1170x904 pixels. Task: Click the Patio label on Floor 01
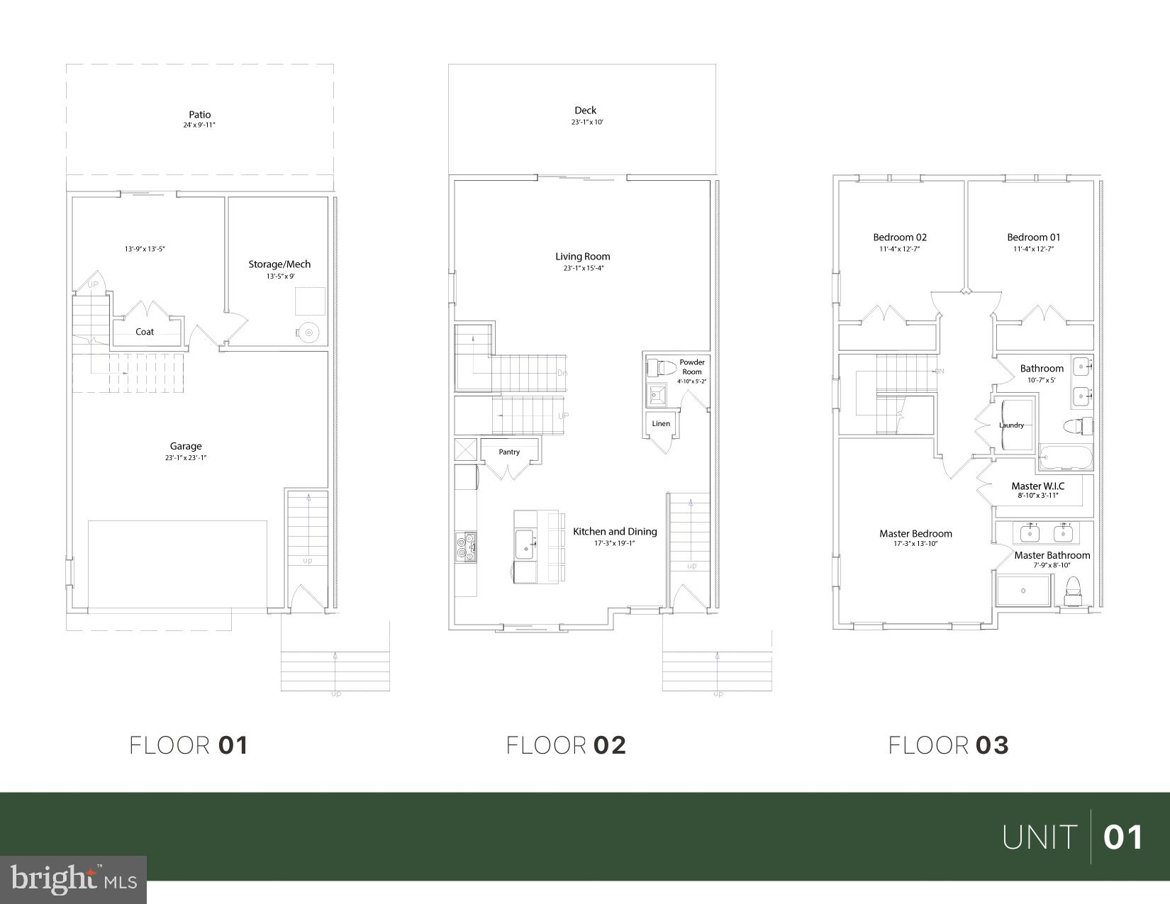(x=199, y=114)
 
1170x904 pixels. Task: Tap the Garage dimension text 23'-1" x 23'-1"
(x=186, y=458)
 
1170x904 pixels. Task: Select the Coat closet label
(x=145, y=332)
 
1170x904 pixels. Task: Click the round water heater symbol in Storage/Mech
(x=308, y=332)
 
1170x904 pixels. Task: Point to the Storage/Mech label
(x=279, y=264)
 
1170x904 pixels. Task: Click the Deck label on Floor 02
(x=586, y=110)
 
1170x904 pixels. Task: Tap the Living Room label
(x=583, y=257)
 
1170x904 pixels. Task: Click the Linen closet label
(x=661, y=424)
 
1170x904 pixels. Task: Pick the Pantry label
(x=509, y=452)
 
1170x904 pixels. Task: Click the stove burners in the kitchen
(x=466, y=547)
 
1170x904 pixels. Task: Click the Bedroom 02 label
(x=900, y=238)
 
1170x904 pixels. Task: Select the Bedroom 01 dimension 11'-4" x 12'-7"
(x=1034, y=250)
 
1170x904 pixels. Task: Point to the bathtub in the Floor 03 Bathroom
(x=1066, y=457)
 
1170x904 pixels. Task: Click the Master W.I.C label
(x=1037, y=486)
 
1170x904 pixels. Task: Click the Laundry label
(x=1011, y=425)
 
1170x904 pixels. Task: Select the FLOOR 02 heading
(x=566, y=745)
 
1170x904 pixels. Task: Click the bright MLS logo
(x=74, y=879)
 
